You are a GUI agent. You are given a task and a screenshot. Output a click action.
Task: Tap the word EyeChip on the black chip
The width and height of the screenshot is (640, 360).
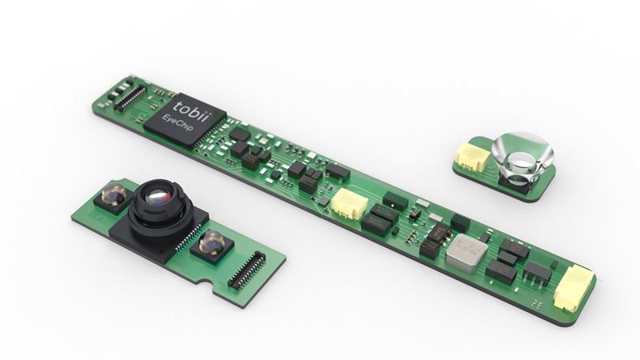[x=178, y=124]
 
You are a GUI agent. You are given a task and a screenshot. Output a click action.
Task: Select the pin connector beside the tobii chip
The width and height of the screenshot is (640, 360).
[x=130, y=98]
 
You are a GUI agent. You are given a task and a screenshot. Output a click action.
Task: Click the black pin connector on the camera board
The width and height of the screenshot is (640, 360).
[x=246, y=270]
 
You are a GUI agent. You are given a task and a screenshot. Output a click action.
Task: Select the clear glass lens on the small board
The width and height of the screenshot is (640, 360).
[x=522, y=156]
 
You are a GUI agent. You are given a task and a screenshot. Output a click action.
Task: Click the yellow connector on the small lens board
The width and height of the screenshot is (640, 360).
[x=472, y=155]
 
